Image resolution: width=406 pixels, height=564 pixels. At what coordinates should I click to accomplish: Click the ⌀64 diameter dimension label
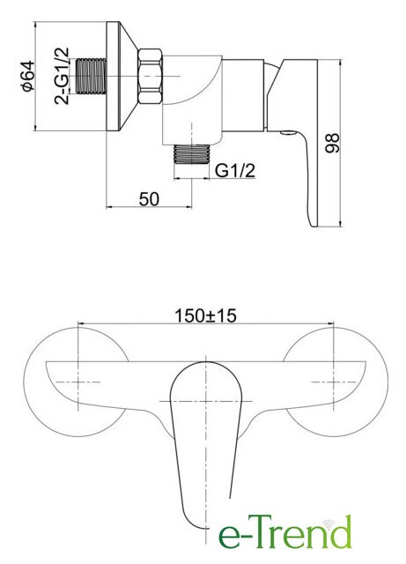[x=28, y=77]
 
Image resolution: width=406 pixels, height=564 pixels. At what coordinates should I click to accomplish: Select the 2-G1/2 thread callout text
[x=62, y=76]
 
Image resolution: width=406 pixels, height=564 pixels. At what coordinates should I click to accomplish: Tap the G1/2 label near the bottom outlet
[x=235, y=170]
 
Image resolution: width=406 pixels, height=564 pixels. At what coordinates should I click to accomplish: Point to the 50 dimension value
[x=149, y=199]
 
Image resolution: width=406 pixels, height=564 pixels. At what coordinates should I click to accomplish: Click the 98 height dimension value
[x=331, y=143]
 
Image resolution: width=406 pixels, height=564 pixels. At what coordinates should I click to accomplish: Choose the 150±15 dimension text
[x=206, y=315]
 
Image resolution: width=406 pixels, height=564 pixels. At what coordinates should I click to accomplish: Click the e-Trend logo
[x=284, y=532]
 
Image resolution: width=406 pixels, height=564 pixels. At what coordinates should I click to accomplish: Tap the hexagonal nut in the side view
[x=151, y=77]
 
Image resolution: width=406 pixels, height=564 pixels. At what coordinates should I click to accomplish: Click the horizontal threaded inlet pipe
[x=92, y=77]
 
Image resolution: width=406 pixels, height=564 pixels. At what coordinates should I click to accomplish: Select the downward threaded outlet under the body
[x=192, y=154]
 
